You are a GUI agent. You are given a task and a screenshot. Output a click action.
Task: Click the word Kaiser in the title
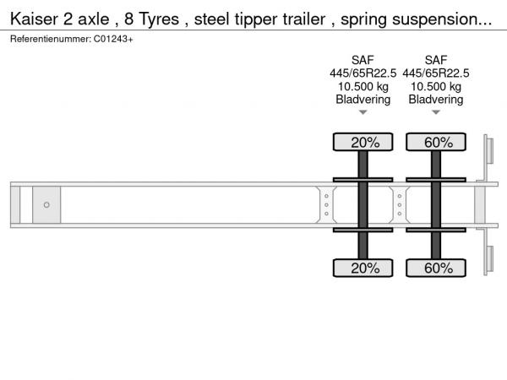pyautogui.click(x=34, y=19)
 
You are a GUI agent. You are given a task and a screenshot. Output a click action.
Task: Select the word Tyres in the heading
pyautogui.click(x=159, y=19)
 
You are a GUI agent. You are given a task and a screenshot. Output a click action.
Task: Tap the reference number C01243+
pyautogui.click(x=113, y=39)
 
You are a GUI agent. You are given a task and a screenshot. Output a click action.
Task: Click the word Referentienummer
pyautogui.click(x=51, y=39)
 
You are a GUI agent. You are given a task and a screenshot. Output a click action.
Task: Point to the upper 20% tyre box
pyautogui.click(x=363, y=142)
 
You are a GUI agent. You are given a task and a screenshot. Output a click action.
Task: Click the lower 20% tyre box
pyautogui.click(x=363, y=268)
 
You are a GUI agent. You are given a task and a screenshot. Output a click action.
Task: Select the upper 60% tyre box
pyautogui.click(x=436, y=142)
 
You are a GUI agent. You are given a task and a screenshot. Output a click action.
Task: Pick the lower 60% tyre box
pyautogui.click(x=436, y=268)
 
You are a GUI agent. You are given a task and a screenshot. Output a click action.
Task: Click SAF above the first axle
pyautogui.click(x=363, y=60)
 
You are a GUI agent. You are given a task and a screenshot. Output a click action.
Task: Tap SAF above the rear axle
pyautogui.click(x=436, y=60)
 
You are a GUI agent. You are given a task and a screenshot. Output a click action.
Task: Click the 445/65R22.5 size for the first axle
pyautogui.click(x=363, y=73)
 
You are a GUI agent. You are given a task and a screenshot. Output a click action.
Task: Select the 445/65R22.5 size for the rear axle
pyautogui.click(x=436, y=73)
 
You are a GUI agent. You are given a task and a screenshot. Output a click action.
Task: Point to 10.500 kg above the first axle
pyautogui.click(x=363, y=87)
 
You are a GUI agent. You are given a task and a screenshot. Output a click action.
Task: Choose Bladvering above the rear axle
pyautogui.click(x=436, y=100)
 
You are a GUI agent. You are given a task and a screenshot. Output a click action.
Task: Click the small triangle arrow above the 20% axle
pyautogui.click(x=363, y=112)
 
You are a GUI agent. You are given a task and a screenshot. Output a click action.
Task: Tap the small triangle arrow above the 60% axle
pyautogui.click(x=436, y=112)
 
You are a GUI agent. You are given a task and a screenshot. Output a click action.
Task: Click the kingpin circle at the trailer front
pyautogui.click(x=46, y=205)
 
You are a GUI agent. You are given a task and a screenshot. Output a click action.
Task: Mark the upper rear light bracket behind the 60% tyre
pyautogui.click(x=488, y=151)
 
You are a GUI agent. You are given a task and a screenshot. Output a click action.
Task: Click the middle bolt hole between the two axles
pyautogui.click(x=400, y=205)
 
